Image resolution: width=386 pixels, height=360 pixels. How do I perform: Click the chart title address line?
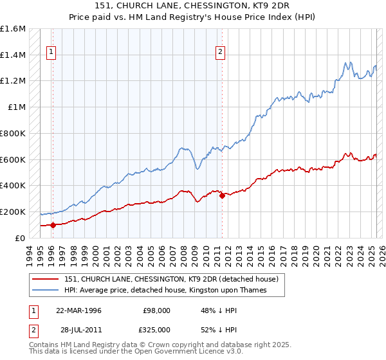(x=193, y=7)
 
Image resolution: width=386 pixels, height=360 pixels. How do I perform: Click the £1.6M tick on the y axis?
(x=13, y=29)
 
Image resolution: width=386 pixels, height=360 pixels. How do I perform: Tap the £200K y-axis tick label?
(x=13, y=212)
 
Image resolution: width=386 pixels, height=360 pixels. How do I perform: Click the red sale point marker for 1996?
(x=53, y=225)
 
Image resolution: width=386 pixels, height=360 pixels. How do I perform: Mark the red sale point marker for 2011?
(x=222, y=195)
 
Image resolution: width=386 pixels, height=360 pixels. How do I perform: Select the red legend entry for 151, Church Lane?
(x=170, y=279)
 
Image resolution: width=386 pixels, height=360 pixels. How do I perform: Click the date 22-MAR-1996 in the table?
(x=78, y=310)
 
